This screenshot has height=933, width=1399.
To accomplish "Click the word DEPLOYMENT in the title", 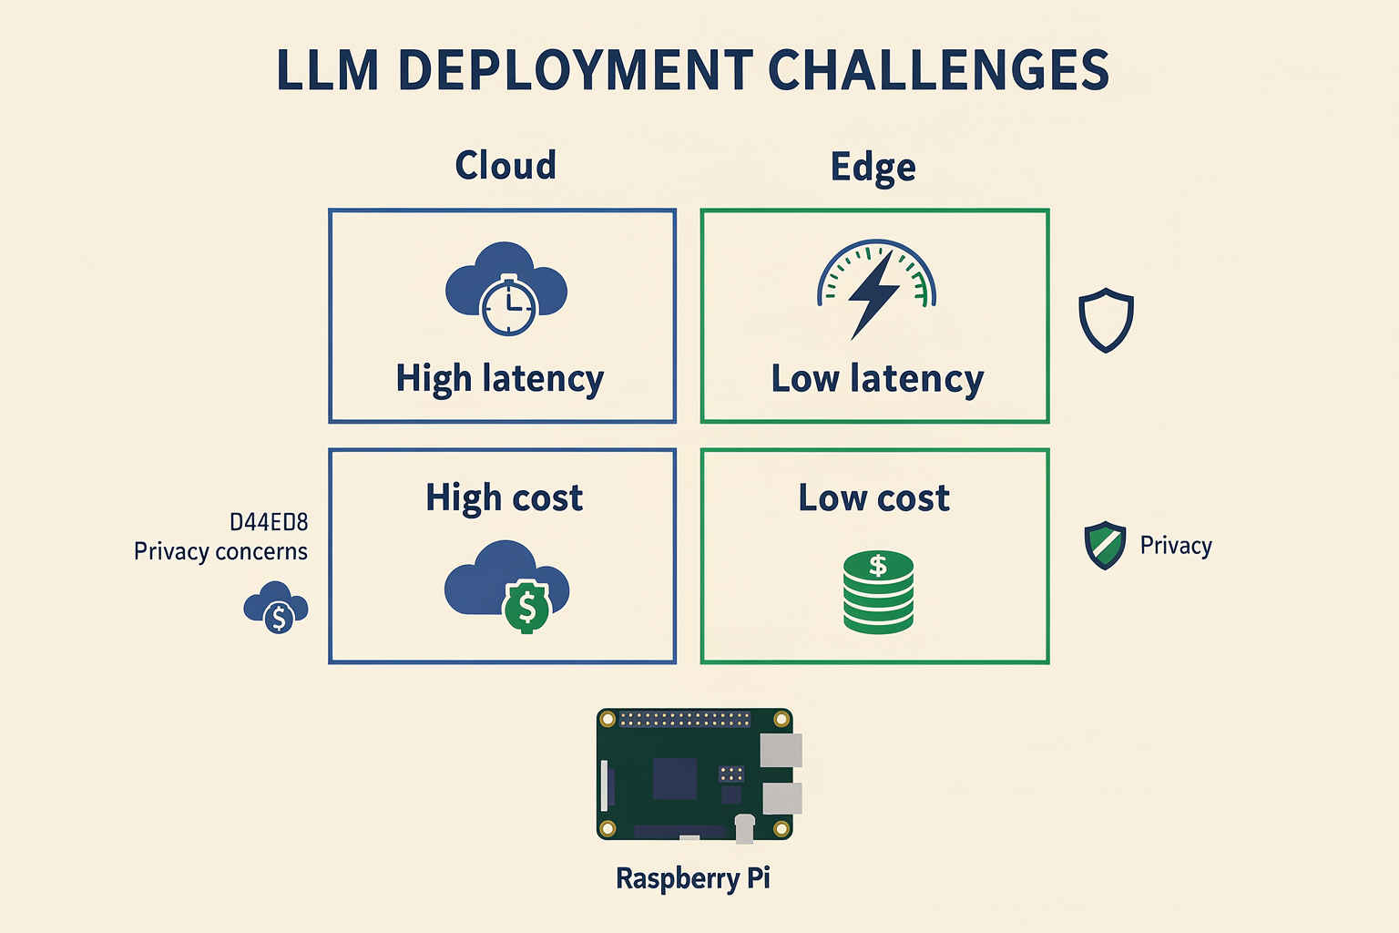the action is (x=575, y=69).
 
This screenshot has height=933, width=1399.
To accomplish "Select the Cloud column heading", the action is (x=505, y=165).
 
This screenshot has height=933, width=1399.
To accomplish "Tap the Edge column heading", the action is (x=873, y=168).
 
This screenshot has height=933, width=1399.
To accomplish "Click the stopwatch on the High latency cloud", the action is (x=508, y=305).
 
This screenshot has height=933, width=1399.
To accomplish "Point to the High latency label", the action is (x=500, y=379).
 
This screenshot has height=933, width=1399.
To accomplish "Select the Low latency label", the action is (x=877, y=379).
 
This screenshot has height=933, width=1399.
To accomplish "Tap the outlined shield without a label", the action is (x=1106, y=320).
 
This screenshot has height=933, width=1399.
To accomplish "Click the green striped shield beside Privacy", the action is (x=1105, y=545).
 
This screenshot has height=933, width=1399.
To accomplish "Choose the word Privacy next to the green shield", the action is (x=1176, y=546).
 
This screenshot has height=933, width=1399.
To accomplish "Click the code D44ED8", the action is (x=269, y=522).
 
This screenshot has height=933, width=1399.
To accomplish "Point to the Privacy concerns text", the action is (x=220, y=551).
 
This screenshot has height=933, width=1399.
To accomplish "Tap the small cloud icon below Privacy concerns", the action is (x=275, y=608).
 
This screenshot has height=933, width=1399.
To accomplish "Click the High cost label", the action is (x=504, y=498).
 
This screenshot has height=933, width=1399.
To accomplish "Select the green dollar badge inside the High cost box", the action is (x=527, y=607).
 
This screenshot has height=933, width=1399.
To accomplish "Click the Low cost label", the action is (x=873, y=498).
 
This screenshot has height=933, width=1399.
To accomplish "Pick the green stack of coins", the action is (x=878, y=592).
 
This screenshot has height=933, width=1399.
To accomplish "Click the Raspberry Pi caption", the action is (x=692, y=878).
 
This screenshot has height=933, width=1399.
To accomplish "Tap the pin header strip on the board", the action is (x=685, y=719).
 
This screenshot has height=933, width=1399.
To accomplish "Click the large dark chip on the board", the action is (x=675, y=779).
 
